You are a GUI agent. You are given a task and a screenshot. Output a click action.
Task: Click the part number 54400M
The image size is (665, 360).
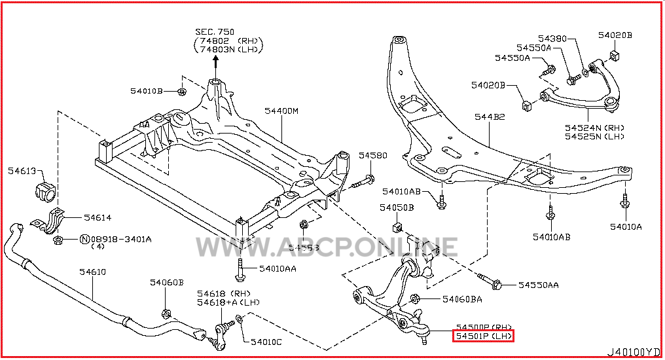click(281, 111)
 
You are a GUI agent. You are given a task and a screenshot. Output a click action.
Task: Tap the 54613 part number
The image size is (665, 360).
click(22, 171)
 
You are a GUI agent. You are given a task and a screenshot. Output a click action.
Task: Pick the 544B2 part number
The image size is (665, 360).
click(490, 117)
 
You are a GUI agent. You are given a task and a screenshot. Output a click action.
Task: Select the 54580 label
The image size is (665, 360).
click(373, 156)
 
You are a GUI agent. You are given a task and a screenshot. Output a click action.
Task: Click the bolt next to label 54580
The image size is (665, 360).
click(365, 180)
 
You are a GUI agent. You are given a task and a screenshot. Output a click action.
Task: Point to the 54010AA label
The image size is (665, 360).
click(277, 268)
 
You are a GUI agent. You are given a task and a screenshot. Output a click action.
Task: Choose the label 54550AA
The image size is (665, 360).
click(539, 285)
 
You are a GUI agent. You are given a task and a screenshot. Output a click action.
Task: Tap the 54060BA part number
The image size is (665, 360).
click(461, 299)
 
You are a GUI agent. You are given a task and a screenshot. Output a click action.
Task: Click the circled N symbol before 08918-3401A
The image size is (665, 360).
click(84, 240)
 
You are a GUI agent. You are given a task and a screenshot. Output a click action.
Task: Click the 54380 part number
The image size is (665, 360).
click(552, 39)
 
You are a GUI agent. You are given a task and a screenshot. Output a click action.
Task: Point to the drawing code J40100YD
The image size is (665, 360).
click(634, 352)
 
